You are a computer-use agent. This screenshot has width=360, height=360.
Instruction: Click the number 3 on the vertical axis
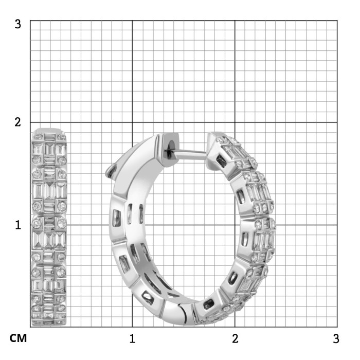(x=17, y=24)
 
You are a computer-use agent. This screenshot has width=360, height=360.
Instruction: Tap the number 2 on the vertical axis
(x=17, y=122)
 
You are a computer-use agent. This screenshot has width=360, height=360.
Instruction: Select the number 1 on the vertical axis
(x=18, y=225)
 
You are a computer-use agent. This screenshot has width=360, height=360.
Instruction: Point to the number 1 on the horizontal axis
(x=132, y=338)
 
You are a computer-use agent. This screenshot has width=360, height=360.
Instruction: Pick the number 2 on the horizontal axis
(x=235, y=338)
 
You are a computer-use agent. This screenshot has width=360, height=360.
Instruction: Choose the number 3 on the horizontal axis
(x=336, y=338)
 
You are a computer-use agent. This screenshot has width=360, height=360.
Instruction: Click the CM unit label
(x=18, y=338)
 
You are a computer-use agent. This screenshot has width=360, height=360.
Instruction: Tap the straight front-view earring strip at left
(x=49, y=227)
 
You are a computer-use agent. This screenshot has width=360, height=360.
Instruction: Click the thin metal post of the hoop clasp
(x=191, y=152)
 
